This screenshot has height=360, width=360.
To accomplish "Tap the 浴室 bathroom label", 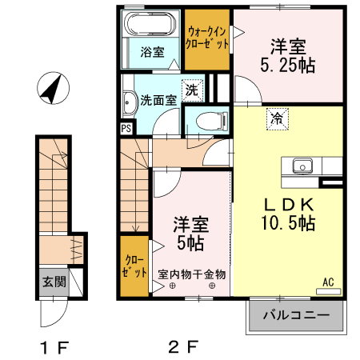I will (152, 53).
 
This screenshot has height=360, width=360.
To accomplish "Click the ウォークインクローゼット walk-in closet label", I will (207, 38).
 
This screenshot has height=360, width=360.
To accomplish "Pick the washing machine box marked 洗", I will (192, 90).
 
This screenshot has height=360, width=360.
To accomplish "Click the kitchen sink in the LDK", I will (302, 166).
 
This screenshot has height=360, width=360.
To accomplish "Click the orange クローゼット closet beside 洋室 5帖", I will (134, 266).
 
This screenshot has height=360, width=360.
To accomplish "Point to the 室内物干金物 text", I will (192, 274).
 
